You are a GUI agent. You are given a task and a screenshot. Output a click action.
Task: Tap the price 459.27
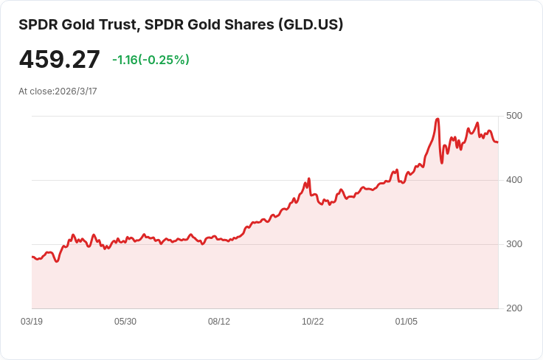59,60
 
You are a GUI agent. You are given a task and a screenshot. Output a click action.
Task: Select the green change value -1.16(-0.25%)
151,60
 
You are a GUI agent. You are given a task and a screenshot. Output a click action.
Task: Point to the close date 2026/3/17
76,91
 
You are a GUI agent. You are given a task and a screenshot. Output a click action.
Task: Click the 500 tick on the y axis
514,116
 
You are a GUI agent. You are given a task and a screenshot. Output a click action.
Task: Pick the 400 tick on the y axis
514,180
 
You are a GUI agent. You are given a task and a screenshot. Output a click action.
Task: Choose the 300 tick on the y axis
514,244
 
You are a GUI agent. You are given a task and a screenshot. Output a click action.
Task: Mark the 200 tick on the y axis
514,308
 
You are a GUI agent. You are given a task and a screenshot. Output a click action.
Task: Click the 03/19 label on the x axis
32,322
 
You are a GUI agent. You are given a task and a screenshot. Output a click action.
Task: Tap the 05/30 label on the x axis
125,322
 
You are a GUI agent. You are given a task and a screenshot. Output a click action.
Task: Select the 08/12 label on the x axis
219,322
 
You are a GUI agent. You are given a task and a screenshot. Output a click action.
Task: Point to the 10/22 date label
313,322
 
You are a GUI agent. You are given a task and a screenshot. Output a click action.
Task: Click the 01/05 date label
407,322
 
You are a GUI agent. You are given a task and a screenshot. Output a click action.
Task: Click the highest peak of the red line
438,119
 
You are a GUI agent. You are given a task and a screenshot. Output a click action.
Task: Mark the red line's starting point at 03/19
32,257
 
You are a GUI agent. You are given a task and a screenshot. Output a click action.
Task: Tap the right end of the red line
498,142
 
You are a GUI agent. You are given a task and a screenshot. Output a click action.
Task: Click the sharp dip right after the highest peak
442,162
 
